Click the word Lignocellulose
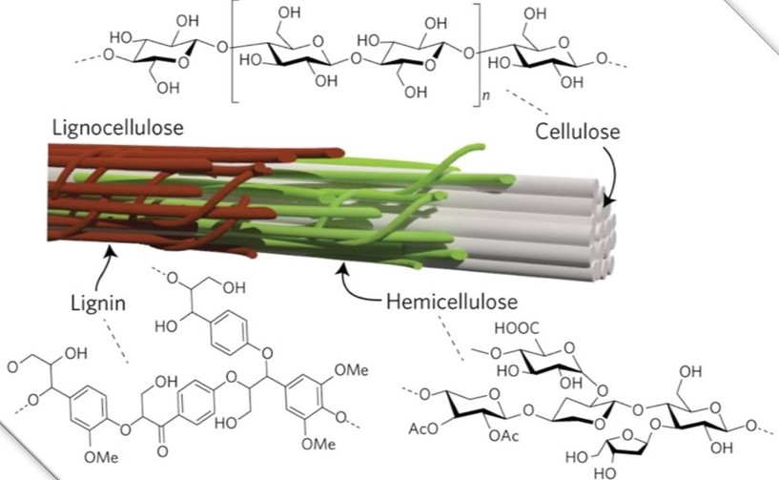117,128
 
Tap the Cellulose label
578,132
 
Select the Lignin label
98,303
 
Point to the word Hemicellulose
452,302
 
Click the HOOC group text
517,328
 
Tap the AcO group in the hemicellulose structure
422,428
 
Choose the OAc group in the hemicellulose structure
503,436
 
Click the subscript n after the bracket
486,96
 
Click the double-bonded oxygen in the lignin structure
162,451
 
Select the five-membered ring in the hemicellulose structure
627,444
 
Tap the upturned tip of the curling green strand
479,147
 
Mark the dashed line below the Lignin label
115,341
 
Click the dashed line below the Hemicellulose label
451,337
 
